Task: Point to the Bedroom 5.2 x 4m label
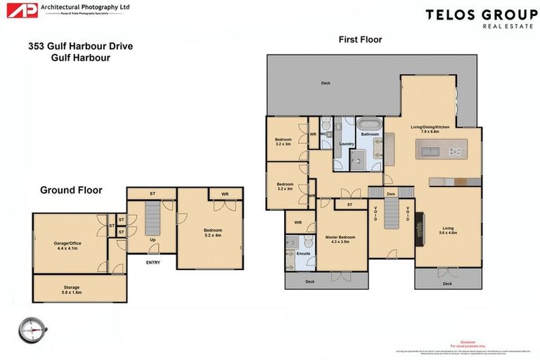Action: (212, 233)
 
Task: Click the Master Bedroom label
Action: (340, 239)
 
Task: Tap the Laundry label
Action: (346, 144)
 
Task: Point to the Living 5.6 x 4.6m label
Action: (448, 230)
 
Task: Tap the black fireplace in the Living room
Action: (420, 229)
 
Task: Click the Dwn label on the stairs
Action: (392, 193)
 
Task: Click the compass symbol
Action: (32, 328)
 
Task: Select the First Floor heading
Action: (360, 40)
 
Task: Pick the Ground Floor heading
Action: (71, 190)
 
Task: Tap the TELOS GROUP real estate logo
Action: (481, 18)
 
